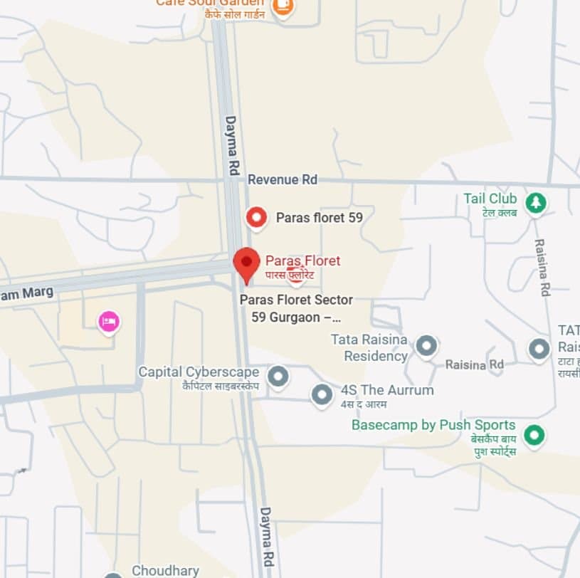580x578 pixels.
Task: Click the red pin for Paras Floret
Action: coord(246,263)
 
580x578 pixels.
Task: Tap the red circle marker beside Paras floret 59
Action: coord(255,217)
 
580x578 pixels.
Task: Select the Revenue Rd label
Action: coord(282,179)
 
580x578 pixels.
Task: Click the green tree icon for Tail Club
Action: coord(535,203)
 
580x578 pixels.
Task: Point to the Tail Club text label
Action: coord(490,199)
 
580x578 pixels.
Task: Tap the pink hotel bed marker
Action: coord(109,322)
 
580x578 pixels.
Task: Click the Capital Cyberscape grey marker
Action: coord(278,376)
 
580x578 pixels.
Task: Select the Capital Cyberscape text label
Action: coord(199,372)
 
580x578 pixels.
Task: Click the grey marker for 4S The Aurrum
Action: coord(322,394)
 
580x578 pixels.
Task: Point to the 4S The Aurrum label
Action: coord(386,390)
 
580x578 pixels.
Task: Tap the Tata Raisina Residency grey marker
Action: coord(426,346)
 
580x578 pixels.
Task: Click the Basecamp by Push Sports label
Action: coord(433,425)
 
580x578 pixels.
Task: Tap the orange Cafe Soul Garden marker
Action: coord(283,7)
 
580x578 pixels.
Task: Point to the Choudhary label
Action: coord(165,571)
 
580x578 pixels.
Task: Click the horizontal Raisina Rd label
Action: coord(474,364)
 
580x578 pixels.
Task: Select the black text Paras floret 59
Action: coord(319,218)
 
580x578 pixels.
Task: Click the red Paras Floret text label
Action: coord(302,261)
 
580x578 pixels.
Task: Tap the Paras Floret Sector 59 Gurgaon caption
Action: coord(296,308)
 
